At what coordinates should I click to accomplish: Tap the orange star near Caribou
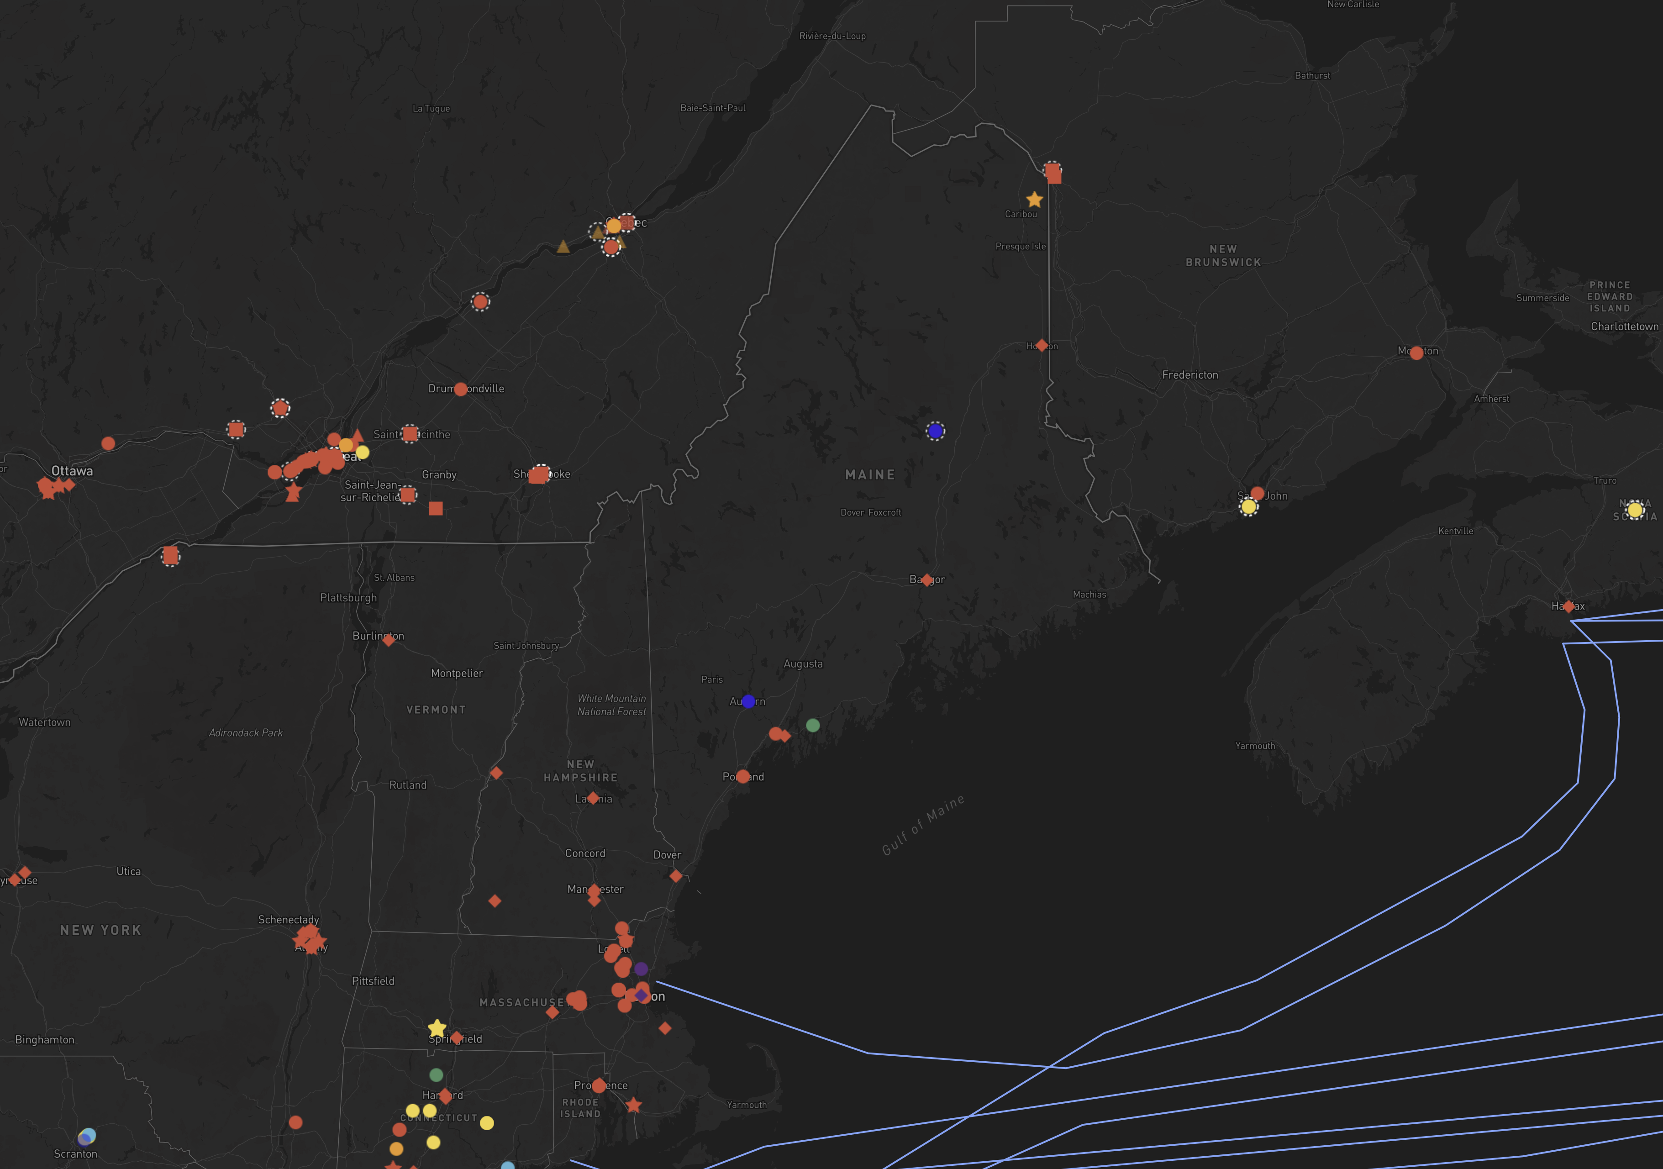pyautogui.click(x=1034, y=199)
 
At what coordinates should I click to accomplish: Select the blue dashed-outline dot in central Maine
pyautogui.click(x=935, y=431)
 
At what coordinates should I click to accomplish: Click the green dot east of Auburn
pyautogui.click(x=813, y=725)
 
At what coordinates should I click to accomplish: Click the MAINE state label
pyautogui.click(x=870, y=474)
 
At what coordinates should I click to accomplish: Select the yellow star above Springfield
pyautogui.click(x=437, y=1028)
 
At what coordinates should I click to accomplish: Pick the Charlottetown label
pyautogui.click(x=1624, y=326)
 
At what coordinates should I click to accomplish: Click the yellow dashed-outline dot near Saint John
pyautogui.click(x=1248, y=507)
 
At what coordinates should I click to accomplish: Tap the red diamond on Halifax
pyautogui.click(x=1568, y=606)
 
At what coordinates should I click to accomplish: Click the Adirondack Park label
pyautogui.click(x=246, y=733)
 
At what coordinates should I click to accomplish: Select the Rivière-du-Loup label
pyautogui.click(x=832, y=36)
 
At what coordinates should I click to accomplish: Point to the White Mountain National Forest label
pyautogui.click(x=611, y=705)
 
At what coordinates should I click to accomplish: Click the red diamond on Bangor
pyautogui.click(x=926, y=579)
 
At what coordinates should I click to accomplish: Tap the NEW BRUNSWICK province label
pyautogui.click(x=1223, y=256)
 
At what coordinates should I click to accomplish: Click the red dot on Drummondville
pyautogui.click(x=461, y=389)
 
